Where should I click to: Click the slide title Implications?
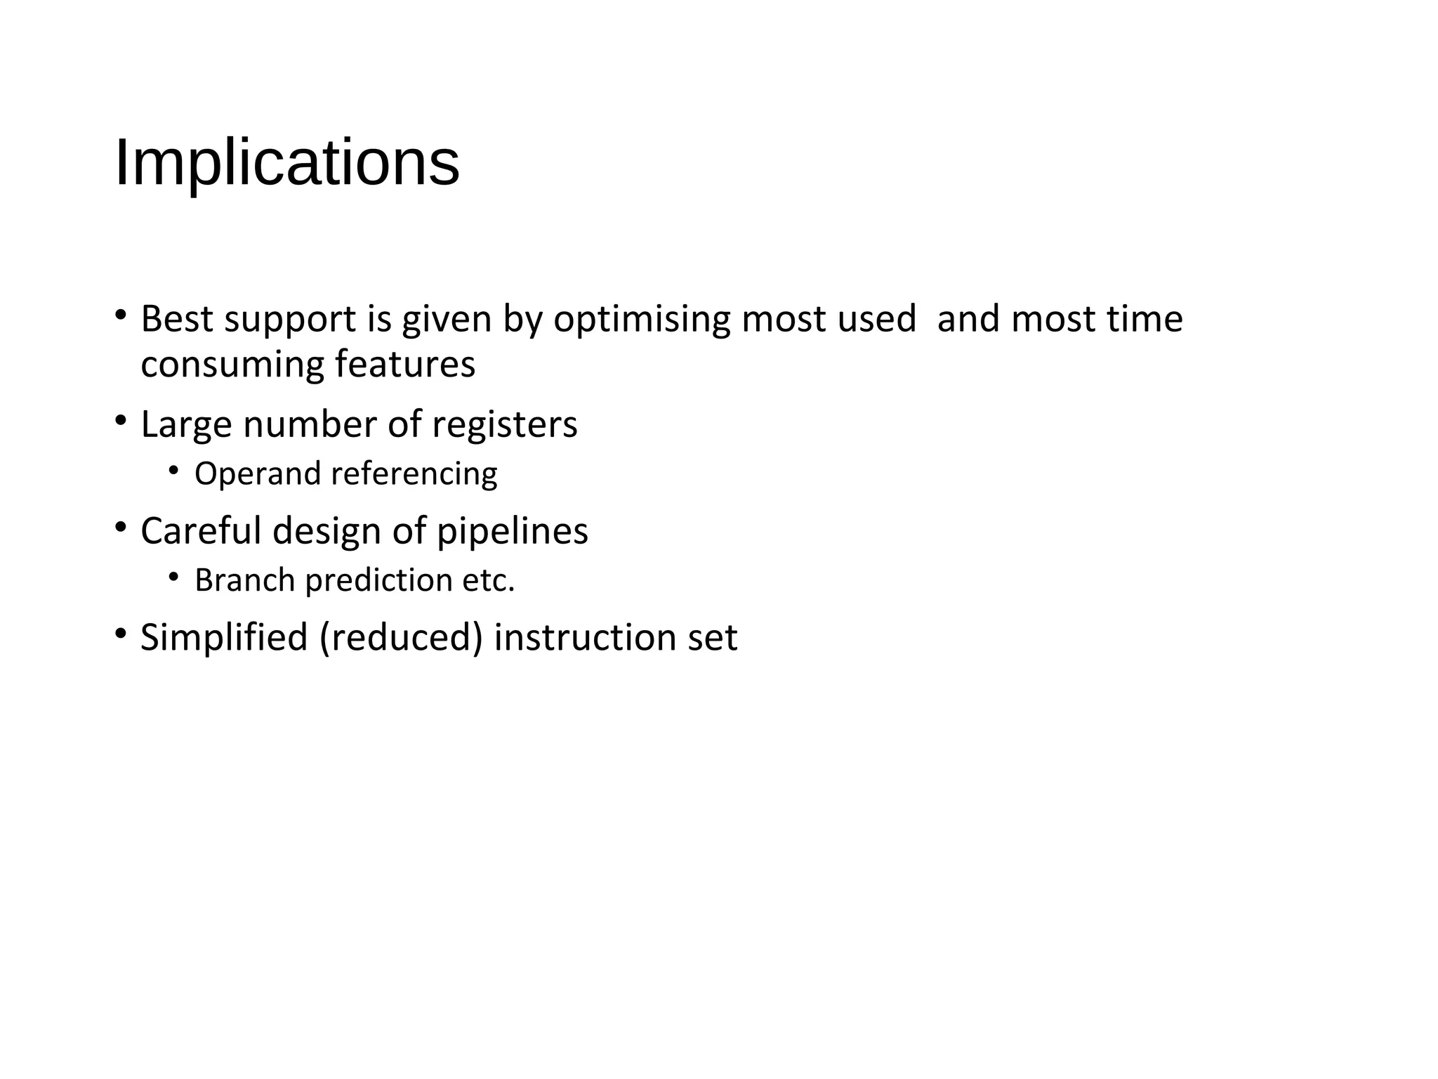(x=286, y=163)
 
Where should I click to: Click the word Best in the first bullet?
(x=176, y=319)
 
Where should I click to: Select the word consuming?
(x=232, y=365)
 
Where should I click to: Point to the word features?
(x=405, y=364)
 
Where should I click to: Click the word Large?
(x=186, y=426)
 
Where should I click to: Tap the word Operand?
(x=258, y=474)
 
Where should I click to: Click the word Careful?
(x=202, y=531)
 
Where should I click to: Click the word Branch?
(x=244, y=581)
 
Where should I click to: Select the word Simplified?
(x=224, y=638)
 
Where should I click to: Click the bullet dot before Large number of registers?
(x=121, y=421)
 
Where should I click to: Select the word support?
(x=290, y=320)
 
